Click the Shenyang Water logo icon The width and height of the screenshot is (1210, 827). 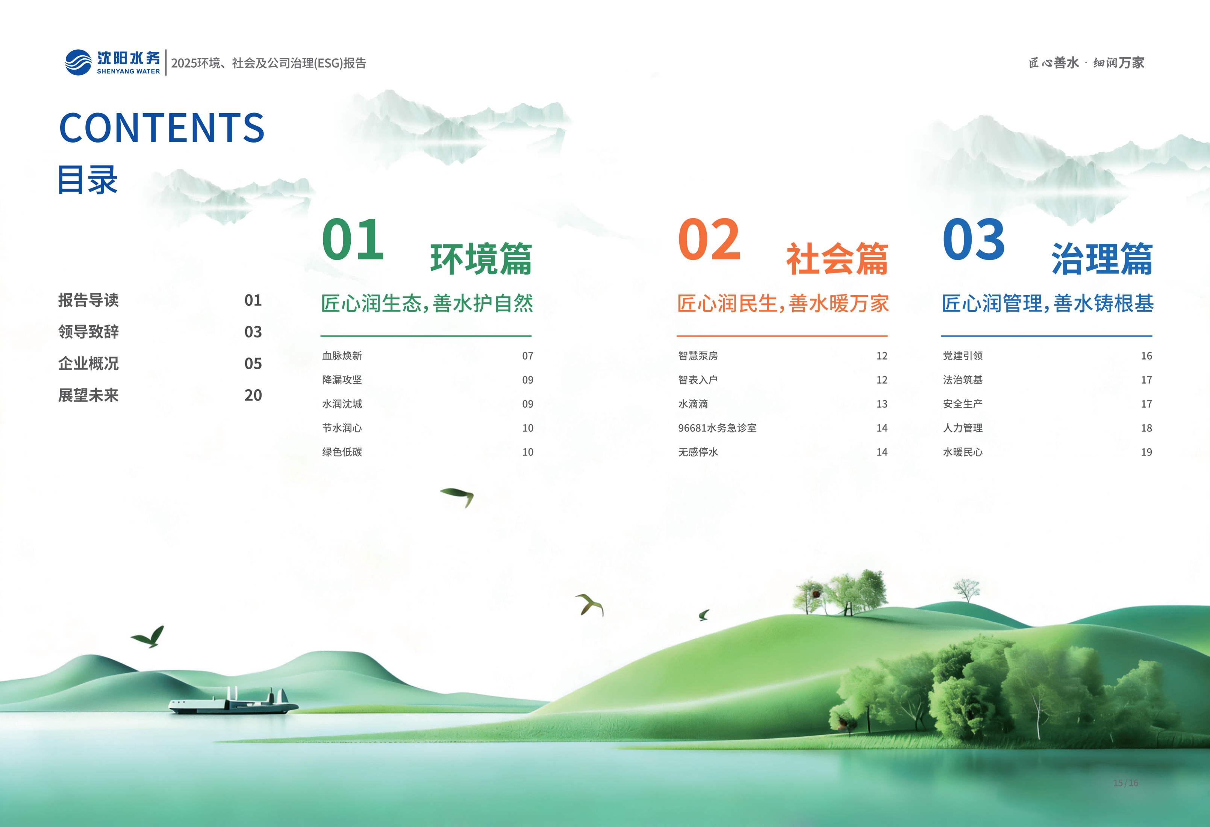click(x=78, y=62)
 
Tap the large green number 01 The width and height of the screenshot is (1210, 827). click(x=353, y=240)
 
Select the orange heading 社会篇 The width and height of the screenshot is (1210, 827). click(x=837, y=259)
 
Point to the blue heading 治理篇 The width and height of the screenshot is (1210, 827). click(x=1102, y=259)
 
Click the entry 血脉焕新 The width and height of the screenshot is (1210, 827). click(x=342, y=356)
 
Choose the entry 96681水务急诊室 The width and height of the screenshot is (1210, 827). click(x=717, y=428)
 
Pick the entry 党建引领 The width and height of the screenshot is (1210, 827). click(x=963, y=356)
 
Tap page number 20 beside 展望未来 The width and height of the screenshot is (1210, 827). click(x=253, y=395)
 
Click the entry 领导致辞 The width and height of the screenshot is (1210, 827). click(x=88, y=332)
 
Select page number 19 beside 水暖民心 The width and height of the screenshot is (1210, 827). click(x=1146, y=452)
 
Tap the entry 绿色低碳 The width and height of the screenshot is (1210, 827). click(x=342, y=452)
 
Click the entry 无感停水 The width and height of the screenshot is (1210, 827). click(x=698, y=452)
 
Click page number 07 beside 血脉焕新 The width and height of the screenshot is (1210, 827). click(x=527, y=356)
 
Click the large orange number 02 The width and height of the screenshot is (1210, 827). click(x=709, y=240)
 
